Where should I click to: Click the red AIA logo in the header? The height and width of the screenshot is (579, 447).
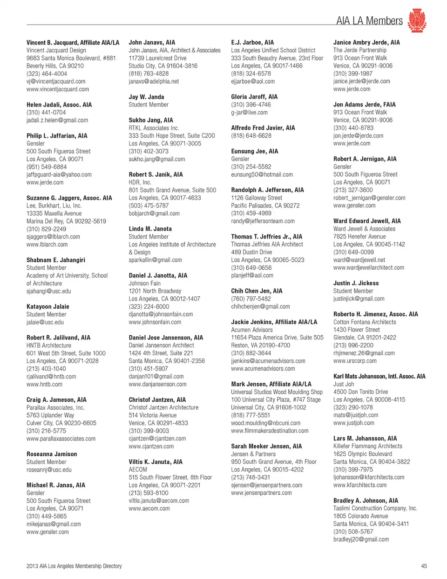[x=417, y=21]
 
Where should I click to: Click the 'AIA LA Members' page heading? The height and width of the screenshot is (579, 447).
[x=369, y=21]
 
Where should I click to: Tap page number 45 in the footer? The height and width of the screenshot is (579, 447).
[x=424, y=566]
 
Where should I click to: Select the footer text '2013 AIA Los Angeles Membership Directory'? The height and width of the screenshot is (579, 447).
[x=74, y=566]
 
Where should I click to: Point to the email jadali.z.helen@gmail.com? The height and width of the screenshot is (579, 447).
[x=57, y=120]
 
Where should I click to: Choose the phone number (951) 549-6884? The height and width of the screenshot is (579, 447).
[x=47, y=166]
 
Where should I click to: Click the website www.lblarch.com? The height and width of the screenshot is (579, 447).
[x=47, y=244]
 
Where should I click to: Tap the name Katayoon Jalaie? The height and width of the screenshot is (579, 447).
[x=47, y=306]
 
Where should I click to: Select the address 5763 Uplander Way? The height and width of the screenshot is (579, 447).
[x=50, y=415]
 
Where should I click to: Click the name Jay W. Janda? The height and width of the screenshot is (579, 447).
[x=146, y=97]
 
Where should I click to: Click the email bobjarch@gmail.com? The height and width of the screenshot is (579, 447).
[x=154, y=213]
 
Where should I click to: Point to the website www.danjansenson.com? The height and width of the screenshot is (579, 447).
[x=157, y=384]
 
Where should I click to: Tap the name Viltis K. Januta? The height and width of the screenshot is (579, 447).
[x=156, y=462]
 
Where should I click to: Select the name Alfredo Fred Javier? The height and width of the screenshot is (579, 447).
[x=263, y=128]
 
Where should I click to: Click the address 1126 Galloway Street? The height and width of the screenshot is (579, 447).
[x=257, y=198]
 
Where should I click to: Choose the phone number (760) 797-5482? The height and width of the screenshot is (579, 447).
[x=251, y=299]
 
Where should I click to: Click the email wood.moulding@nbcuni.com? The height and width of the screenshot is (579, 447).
[x=265, y=423]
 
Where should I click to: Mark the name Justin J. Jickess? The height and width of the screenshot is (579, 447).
[x=356, y=283]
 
